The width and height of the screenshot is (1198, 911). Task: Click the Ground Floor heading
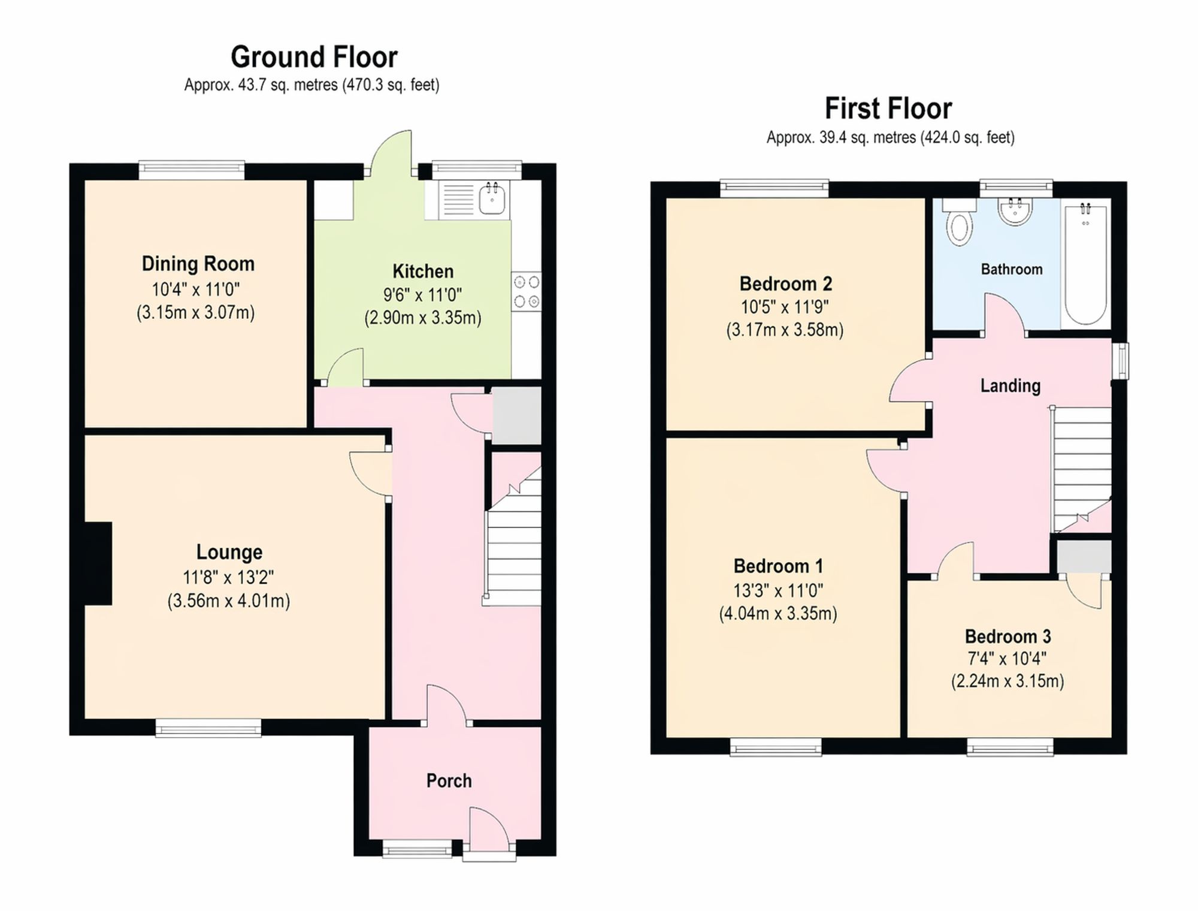pyautogui.click(x=314, y=58)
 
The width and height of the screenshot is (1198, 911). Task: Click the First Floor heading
pyautogui.click(x=888, y=109)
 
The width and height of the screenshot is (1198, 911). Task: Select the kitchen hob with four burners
pyautogui.click(x=527, y=291)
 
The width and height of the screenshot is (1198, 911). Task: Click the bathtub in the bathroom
pyautogui.click(x=1085, y=263)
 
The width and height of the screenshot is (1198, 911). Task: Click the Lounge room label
pyautogui.click(x=229, y=552)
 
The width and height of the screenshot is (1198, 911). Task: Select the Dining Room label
pyautogui.click(x=198, y=264)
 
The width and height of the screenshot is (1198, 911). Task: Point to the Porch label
pyautogui.click(x=449, y=780)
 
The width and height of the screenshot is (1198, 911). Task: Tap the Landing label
pyautogui.click(x=1010, y=385)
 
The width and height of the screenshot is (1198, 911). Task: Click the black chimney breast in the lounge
pyautogui.click(x=98, y=563)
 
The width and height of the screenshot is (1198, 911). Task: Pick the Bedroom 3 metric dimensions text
pyautogui.click(x=1008, y=681)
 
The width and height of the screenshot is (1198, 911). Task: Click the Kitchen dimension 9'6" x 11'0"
pyautogui.click(x=422, y=295)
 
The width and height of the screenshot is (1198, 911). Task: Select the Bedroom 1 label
pyautogui.click(x=778, y=566)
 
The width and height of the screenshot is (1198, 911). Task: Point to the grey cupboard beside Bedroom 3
pyautogui.click(x=1084, y=557)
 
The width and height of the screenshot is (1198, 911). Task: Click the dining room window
pyautogui.click(x=192, y=170)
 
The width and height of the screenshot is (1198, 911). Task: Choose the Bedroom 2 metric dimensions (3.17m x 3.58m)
pyautogui.click(x=785, y=330)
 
